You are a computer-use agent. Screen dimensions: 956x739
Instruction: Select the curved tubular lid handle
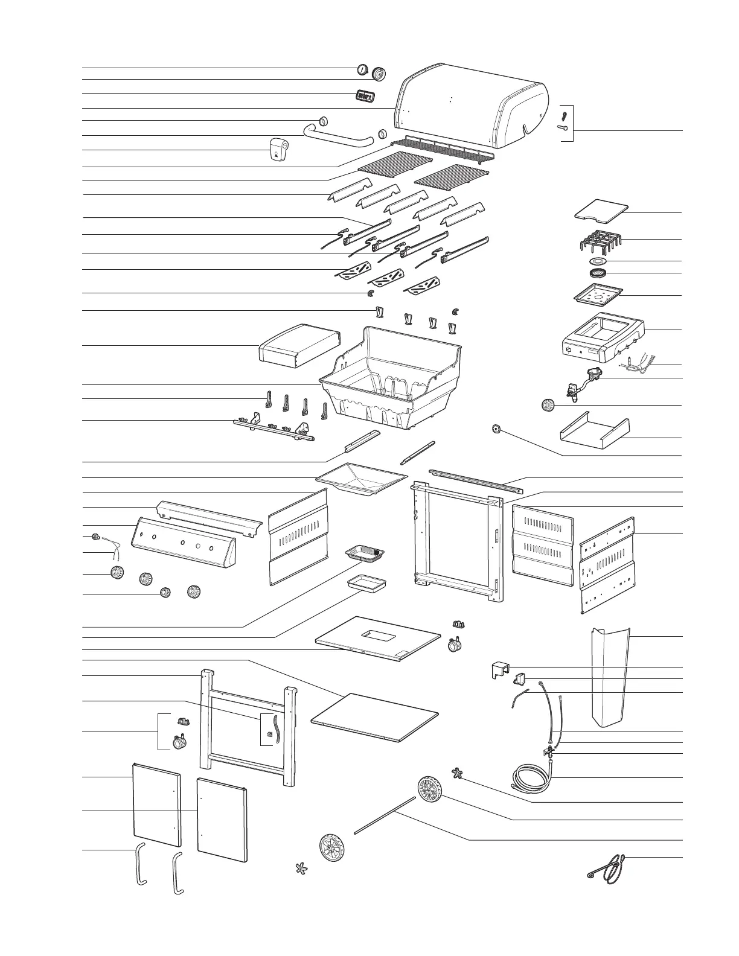coord(338,136)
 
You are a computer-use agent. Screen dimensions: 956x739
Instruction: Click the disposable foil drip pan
coord(366,553)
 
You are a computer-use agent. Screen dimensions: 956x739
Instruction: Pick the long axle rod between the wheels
coord(384,815)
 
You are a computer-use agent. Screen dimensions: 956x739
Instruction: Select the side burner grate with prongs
coord(600,244)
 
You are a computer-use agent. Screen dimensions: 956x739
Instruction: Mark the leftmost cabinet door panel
coord(156,803)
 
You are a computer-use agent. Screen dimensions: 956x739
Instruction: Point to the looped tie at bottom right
coord(609,867)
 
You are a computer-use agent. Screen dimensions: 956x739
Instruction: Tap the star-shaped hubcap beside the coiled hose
coord(458,773)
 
